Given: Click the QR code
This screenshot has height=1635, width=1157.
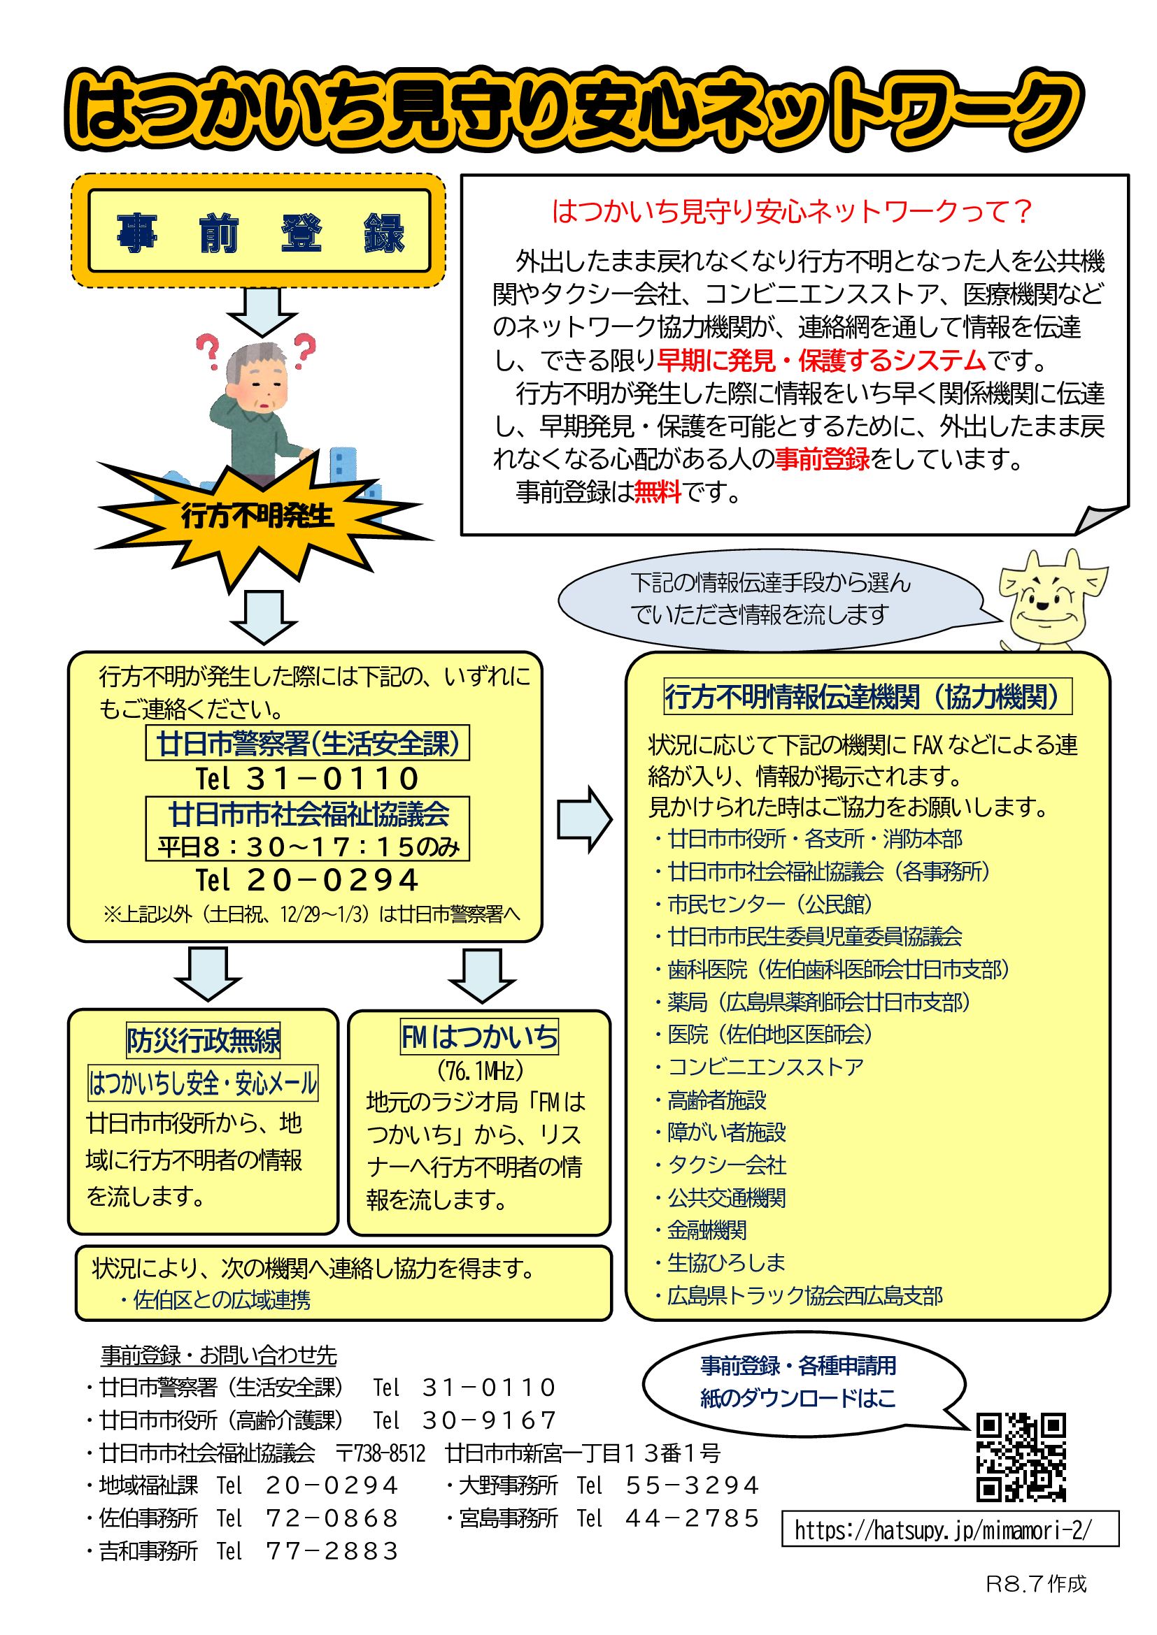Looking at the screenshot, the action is pos(1021,1457).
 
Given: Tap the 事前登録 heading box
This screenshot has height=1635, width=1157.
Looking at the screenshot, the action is pos(259,231).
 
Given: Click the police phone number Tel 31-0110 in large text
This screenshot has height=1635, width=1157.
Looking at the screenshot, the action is pos(307,778).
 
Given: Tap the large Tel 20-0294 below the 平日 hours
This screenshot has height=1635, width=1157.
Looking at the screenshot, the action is pos(307,880).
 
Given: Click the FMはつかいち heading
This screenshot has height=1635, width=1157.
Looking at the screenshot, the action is pos(479,1036).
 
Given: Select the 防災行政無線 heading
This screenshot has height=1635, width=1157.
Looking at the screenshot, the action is pos(203,1040).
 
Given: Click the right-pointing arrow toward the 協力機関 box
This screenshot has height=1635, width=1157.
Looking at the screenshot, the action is pos(584,819).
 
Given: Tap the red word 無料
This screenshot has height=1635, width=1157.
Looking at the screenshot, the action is pos(657,491).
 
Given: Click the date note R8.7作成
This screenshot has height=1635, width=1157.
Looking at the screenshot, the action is pos(1036,1584).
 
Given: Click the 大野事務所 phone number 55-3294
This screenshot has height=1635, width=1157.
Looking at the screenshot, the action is pos(692,1485).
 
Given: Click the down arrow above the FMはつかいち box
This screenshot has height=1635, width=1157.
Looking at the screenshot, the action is pos(483,976).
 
